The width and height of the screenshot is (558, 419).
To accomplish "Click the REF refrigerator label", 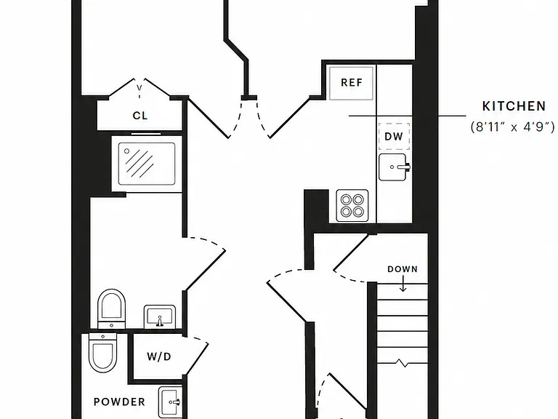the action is point(352,83).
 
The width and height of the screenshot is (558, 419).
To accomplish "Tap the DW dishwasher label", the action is point(394,137).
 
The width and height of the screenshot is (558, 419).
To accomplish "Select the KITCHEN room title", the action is point(514,106).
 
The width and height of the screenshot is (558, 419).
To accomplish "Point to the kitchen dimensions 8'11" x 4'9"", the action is point(513,127).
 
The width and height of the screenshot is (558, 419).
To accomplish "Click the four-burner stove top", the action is point(352,206).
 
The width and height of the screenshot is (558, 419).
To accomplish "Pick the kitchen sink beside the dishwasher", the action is point(395,167).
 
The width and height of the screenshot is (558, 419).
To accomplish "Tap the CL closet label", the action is point(139,116).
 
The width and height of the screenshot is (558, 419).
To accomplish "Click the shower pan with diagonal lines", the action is point(147,164).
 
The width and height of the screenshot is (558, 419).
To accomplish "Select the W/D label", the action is point(159,356).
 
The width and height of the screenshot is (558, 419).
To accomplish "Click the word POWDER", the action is point(120,402).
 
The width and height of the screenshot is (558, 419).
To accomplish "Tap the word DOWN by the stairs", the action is point(403,269).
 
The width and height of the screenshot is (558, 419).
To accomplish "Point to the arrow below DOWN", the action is point(403,284).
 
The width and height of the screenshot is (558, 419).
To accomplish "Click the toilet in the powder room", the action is point(103,353).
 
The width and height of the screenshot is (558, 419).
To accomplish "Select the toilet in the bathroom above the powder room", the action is point(111,308).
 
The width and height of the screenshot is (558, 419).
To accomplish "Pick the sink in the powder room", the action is point(171,401).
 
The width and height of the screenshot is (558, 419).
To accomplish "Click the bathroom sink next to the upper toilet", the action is point(160,316).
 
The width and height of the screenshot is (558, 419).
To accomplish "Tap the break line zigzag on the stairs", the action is point(403,363).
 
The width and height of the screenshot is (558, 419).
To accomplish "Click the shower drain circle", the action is point(126,151).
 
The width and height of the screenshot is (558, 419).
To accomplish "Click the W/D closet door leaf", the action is point(196,359).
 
